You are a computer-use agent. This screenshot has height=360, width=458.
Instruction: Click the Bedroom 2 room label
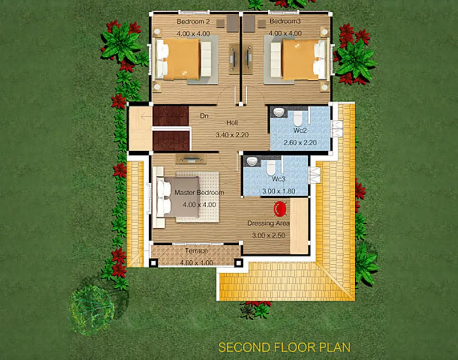point(193,21)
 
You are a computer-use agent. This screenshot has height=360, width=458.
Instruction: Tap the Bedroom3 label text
point(285,21)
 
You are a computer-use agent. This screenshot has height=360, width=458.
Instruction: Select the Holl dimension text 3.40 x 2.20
point(232,135)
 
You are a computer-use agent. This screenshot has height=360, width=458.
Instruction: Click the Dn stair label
point(204,116)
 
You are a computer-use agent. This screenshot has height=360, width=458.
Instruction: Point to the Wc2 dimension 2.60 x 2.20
point(300,143)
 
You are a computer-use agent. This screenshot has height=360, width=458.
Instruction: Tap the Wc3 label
point(278,178)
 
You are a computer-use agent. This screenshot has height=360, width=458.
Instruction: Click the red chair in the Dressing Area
point(280,209)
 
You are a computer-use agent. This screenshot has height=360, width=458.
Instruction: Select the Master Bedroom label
point(199,193)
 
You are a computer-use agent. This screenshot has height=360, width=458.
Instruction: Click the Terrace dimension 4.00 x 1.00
point(196,263)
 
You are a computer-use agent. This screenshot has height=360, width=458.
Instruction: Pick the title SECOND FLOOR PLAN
point(284,347)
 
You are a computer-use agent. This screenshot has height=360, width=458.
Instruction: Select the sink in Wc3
point(252,161)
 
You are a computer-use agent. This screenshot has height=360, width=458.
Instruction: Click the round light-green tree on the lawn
point(91,310)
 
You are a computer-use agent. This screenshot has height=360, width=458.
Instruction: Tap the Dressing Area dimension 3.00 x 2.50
point(268,235)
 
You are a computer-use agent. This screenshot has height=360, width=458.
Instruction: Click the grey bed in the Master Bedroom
point(178,197)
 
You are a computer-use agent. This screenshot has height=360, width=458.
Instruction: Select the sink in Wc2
point(279,112)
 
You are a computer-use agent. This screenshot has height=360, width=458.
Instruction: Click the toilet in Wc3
point(271,167)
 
